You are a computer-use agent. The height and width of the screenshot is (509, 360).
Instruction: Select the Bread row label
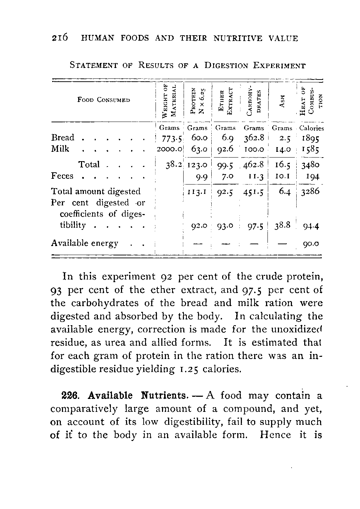[63, 137]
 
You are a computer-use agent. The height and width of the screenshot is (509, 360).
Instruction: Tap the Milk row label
[60, 149]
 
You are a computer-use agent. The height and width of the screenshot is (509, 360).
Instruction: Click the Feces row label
[62, 176]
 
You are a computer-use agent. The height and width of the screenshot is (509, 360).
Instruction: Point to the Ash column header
[282, 101]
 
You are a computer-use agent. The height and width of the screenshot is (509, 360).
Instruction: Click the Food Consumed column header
[103, 100]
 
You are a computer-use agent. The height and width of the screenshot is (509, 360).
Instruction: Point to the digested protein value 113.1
[197, 191]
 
